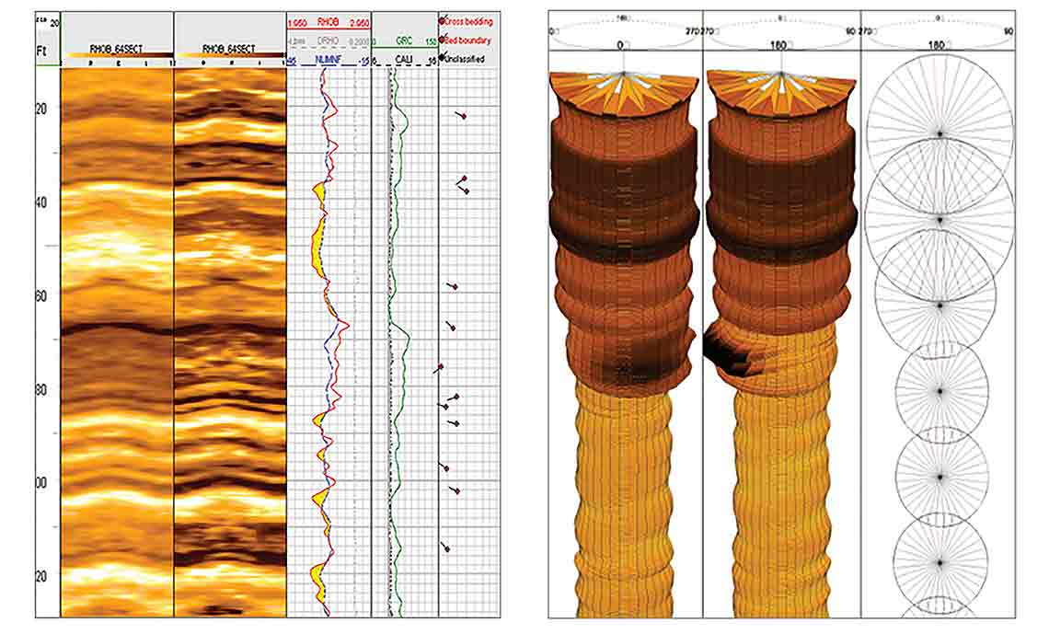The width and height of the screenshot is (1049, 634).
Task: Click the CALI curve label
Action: coord(403,61)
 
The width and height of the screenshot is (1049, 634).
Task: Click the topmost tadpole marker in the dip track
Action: coord(463,116)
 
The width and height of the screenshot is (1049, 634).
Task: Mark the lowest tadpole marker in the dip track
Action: coord(447,549)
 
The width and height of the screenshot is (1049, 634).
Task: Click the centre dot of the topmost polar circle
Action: coord(939,134)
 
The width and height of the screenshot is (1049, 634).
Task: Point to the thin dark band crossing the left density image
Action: coord(117,327)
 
